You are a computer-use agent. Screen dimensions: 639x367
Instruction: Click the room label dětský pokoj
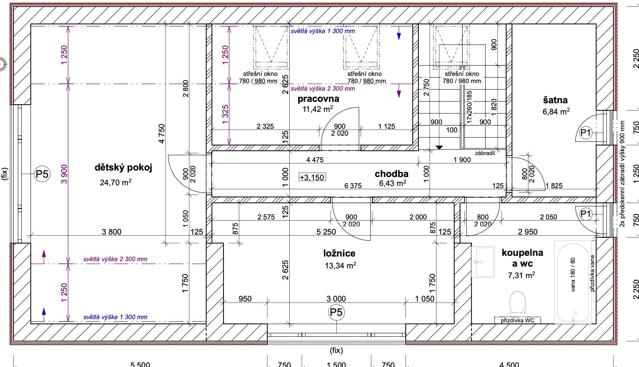click(123, 168)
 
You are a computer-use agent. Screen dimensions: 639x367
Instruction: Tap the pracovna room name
click(318, 98)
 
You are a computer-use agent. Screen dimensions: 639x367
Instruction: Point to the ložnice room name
click(339, 253)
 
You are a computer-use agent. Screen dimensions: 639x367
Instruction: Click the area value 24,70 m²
click(115, 182)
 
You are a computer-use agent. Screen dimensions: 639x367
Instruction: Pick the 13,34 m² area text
click(340, 266)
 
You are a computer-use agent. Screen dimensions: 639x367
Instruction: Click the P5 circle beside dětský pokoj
click(42, 175)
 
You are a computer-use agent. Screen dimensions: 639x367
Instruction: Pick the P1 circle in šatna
click(586, 133)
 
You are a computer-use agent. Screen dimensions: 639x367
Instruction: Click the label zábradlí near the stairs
click(485, 153)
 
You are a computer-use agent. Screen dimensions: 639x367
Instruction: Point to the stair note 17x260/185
click(469, 107)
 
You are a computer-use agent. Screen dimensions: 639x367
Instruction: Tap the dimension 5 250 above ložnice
click(326, 232)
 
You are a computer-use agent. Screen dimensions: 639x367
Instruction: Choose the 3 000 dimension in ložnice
click(336, 299)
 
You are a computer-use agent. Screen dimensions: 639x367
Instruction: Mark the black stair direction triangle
click(439, 147)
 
